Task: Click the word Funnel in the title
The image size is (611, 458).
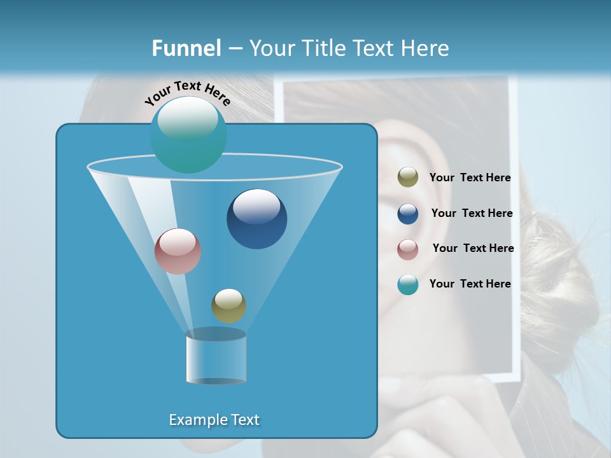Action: coord(186,48)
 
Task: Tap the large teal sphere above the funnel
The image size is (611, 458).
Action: coord(188,135)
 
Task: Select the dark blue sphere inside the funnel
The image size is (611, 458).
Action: coord(256,219)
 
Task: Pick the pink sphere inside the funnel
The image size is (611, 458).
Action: coord(178,251)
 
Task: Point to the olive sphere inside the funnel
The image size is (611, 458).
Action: coord(228,306)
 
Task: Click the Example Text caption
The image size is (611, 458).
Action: coord(214,420)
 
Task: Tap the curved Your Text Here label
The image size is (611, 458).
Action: coord(187,93)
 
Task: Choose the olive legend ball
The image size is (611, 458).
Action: coord(408,177)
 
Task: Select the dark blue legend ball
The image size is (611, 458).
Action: coord(408,214)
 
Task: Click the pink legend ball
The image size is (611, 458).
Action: coord(408,249)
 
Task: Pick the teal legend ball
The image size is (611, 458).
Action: coord(408,284)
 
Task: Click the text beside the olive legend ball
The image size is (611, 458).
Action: coord(470,178)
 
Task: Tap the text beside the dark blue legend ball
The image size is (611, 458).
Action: coord(472,214)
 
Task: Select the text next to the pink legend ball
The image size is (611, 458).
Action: coord(473,249)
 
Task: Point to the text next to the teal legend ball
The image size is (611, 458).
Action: coord(470,284)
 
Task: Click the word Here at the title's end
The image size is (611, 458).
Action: coord(426,48)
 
